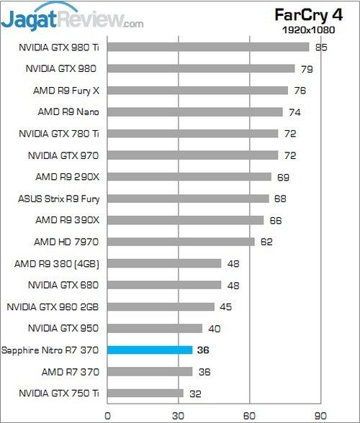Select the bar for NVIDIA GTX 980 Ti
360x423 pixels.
pos(208,47)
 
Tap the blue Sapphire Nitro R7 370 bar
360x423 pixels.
pos(150,350)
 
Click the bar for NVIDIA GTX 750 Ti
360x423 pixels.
pos(145,394)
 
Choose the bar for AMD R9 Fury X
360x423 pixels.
pos(197,91)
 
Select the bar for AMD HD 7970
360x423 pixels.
pos(181,242)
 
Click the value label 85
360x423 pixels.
pos(321,48)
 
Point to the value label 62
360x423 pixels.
pos(266,242)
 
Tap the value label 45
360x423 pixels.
pos(226,307)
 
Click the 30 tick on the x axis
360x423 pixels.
pos(179,414)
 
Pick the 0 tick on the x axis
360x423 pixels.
pos(107,414)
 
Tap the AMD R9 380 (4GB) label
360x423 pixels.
pos(57,263)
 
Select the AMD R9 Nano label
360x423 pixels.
pos(68,112)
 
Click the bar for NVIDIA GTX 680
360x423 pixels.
pos(164,285)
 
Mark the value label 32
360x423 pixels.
pos(195,394)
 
